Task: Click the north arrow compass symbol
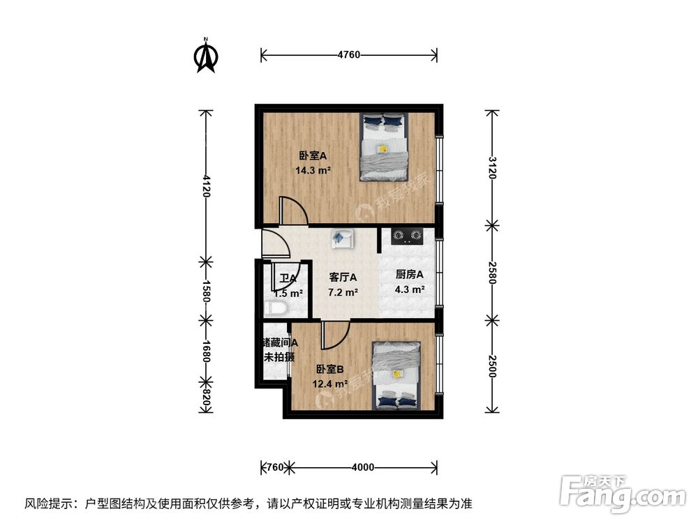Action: pos(205,56)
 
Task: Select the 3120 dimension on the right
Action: pos(492,167)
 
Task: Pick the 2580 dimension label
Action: pos(492,271)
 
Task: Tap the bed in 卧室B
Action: pos(396,376)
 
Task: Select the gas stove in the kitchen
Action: pos(407,236)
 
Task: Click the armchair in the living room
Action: pos(342,238)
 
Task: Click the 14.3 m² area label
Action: pos(313,169)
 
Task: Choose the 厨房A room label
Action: pos(410,275)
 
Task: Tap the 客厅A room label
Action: pos(343,277)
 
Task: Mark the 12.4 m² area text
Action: pos(332,384)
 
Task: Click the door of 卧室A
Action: pos(292,211)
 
